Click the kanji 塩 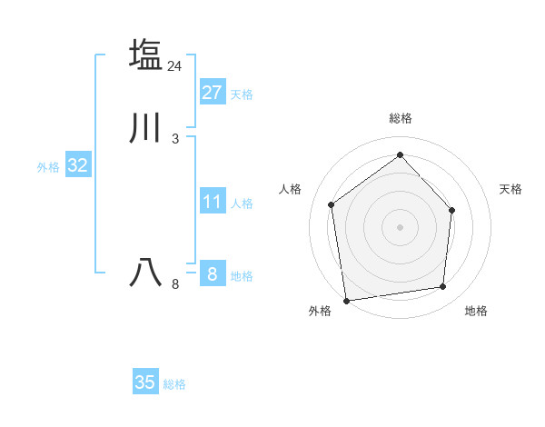[x=145, y=55]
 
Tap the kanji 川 [x=145, y=128]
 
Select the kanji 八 [x=145, y=273]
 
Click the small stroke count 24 [x=175, y=66]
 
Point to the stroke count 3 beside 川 [x=175, y=139]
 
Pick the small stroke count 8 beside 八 [x=175, y=284]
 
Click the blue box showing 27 [x=213, y=92]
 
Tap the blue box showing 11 [x=213, y=202]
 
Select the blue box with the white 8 [x=213, y=273]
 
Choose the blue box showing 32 [x=78, y=165]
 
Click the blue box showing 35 [x=145, y=382]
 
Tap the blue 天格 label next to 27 [x=242, y=94]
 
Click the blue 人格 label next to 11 [x=242, y=204]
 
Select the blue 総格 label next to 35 [x=174, y=384]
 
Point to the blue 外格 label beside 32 [x=48, y=167]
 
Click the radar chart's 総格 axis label [x=401, y=118]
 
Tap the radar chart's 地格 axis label [x=476, y=312]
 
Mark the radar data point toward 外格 [x=346, y=300]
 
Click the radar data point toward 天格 [x=452, y=210]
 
